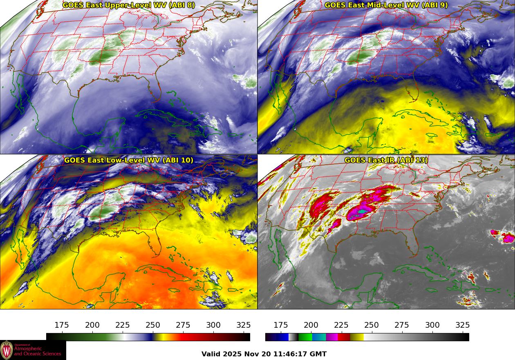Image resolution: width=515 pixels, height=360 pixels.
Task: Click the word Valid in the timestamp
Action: point(211,354)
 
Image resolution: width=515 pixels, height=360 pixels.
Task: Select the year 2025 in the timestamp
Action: point(233,354)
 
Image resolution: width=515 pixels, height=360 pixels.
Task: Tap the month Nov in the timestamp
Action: point(251,354)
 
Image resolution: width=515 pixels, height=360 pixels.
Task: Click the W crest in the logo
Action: point(7,350)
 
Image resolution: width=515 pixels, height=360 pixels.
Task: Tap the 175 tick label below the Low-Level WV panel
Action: point(62,325)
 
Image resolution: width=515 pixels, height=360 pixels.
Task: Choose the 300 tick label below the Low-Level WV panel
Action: point(213,325)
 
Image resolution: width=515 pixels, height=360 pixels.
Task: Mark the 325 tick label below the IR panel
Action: point(463,325)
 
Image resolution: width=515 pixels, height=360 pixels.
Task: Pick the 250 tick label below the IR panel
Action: point(372,325)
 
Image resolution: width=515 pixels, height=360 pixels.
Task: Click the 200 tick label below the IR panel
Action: point(311,325)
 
